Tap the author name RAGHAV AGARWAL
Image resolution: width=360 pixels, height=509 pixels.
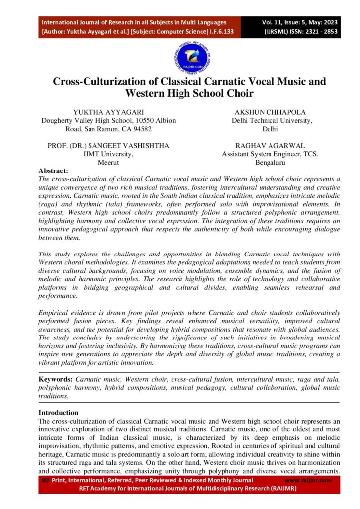pos(270,146)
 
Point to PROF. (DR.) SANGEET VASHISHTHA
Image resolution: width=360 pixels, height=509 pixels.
pos(108,146)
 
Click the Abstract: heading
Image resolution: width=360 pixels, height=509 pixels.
pos(53,170)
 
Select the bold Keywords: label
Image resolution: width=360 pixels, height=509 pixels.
pos(56,379)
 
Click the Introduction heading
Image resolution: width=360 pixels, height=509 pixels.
pos(58,413)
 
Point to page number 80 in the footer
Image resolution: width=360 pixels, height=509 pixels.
pos(45,480)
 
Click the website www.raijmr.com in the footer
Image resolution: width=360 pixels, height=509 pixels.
pos(308,480)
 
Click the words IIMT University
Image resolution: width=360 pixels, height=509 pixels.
pos(108,154)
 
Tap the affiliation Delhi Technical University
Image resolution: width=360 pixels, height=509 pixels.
pos(271,121)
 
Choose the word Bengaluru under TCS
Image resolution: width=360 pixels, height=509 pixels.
pos(270,163)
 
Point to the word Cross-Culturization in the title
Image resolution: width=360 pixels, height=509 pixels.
pos(98,82)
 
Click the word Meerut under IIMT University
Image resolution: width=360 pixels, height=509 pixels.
pos(108,163)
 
